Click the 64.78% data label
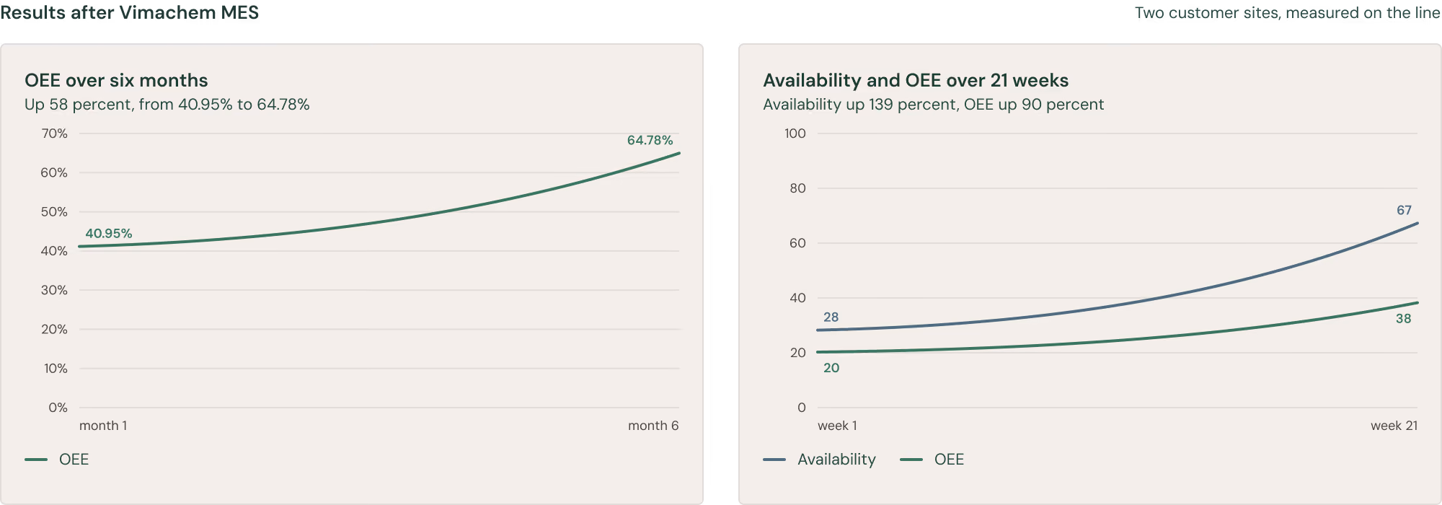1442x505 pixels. (x=650, y=140)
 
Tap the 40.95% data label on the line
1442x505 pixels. (x=109, y=234)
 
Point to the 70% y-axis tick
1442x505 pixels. (x=54, y=133)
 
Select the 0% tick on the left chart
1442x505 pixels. (x=58, y=408)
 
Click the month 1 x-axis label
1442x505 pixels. (x=103, y=426)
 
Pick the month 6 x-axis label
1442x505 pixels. (x=653, y=426)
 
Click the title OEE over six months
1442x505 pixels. (x=116, y=80)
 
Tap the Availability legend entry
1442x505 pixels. (x=820, y=460)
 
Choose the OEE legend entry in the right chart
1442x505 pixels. (x=932, y=460)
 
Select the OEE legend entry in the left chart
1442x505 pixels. (x=57, y=460)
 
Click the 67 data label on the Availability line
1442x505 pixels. (x=1404, y=211)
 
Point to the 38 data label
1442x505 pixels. (x=1403, y=319)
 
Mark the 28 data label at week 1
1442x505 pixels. (x=831, y=317)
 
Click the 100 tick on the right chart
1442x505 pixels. (x=795, y=133)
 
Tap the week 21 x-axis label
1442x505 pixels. (x=1394, y=426)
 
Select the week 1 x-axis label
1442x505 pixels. (x=837, y=426)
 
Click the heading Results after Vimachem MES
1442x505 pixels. (x=130, y=13)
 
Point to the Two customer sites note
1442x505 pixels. (x=1288, y=13)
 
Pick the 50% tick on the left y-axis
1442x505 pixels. (x=54, y=212)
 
